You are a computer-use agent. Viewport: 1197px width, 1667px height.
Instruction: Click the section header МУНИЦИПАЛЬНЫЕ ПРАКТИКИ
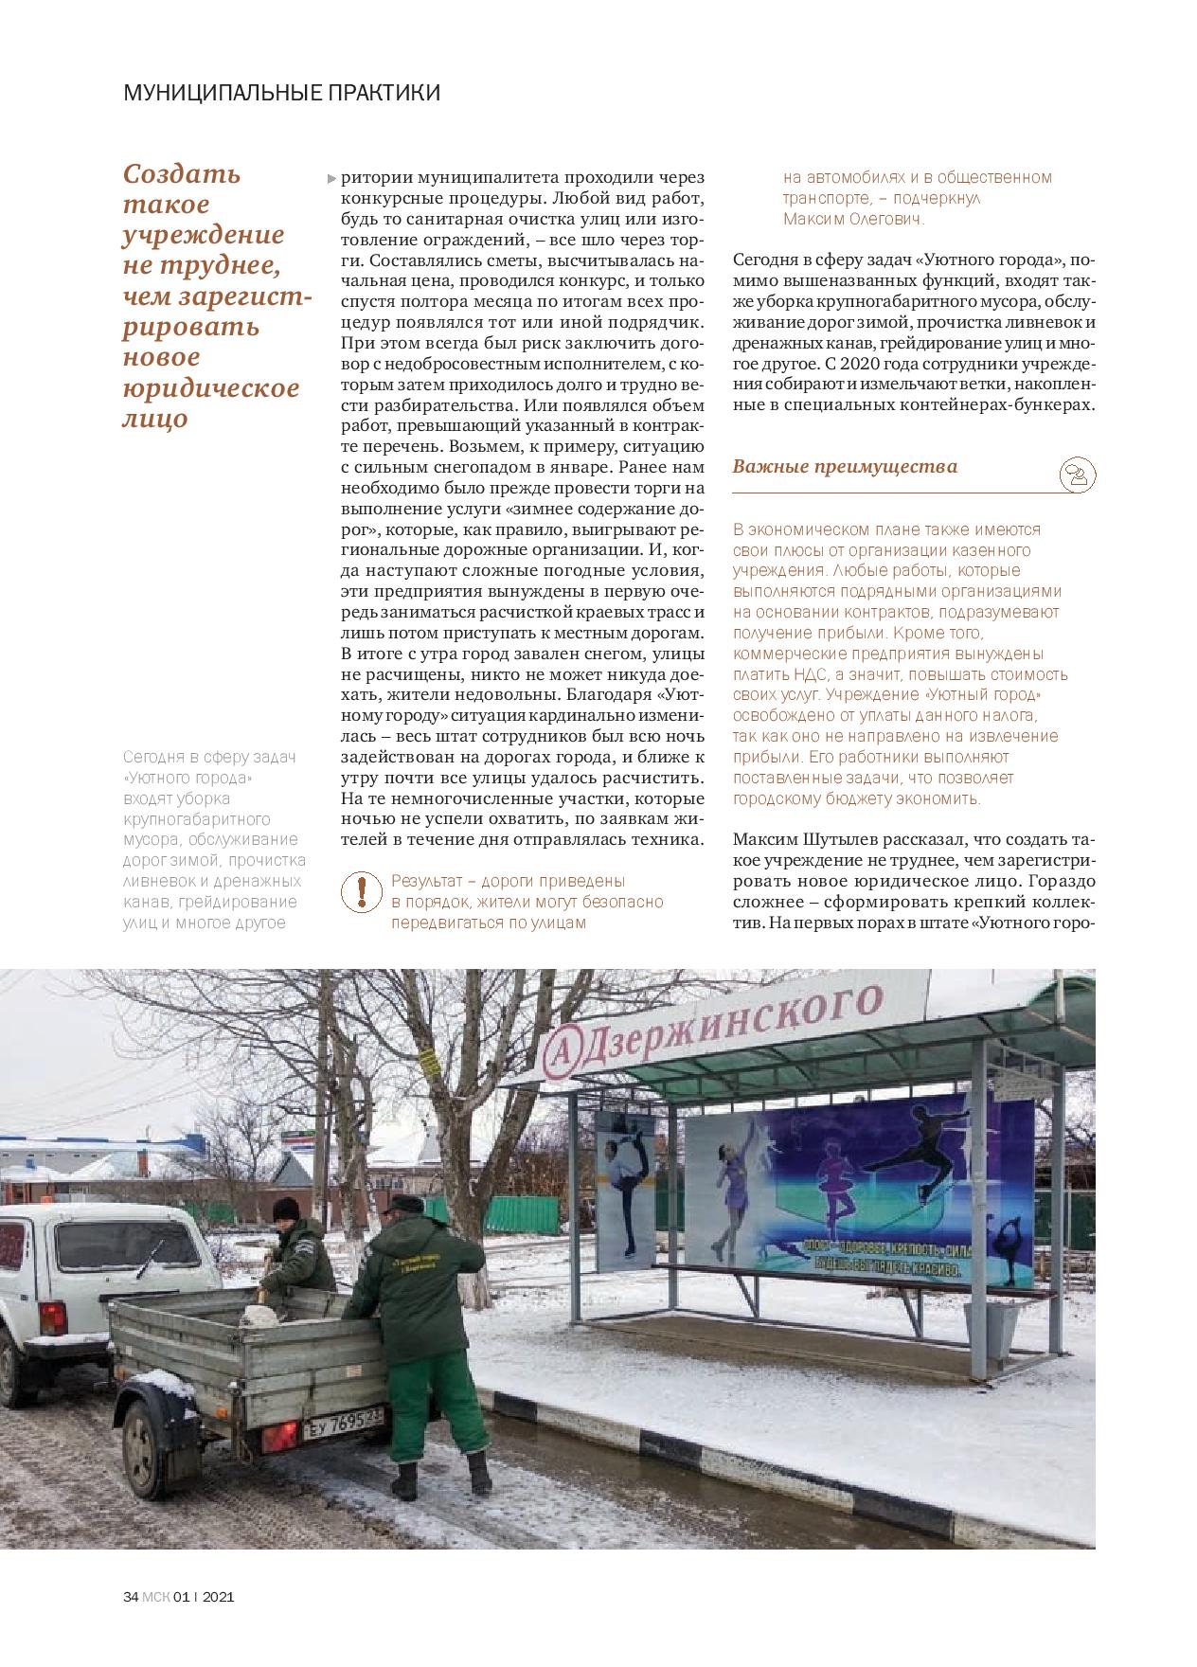pyautogui.click(x=282, y=93)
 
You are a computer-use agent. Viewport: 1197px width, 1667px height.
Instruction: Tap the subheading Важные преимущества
pyautogui.click(x=845, y=466)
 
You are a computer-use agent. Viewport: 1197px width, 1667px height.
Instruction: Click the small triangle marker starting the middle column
pyautogui.click(x=331, y=178)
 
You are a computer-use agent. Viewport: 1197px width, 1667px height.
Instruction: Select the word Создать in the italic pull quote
pyautogui.click(x=183, y=174)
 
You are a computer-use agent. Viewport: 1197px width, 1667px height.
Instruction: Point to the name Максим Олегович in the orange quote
pyautogui.click(x=853, y=219)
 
